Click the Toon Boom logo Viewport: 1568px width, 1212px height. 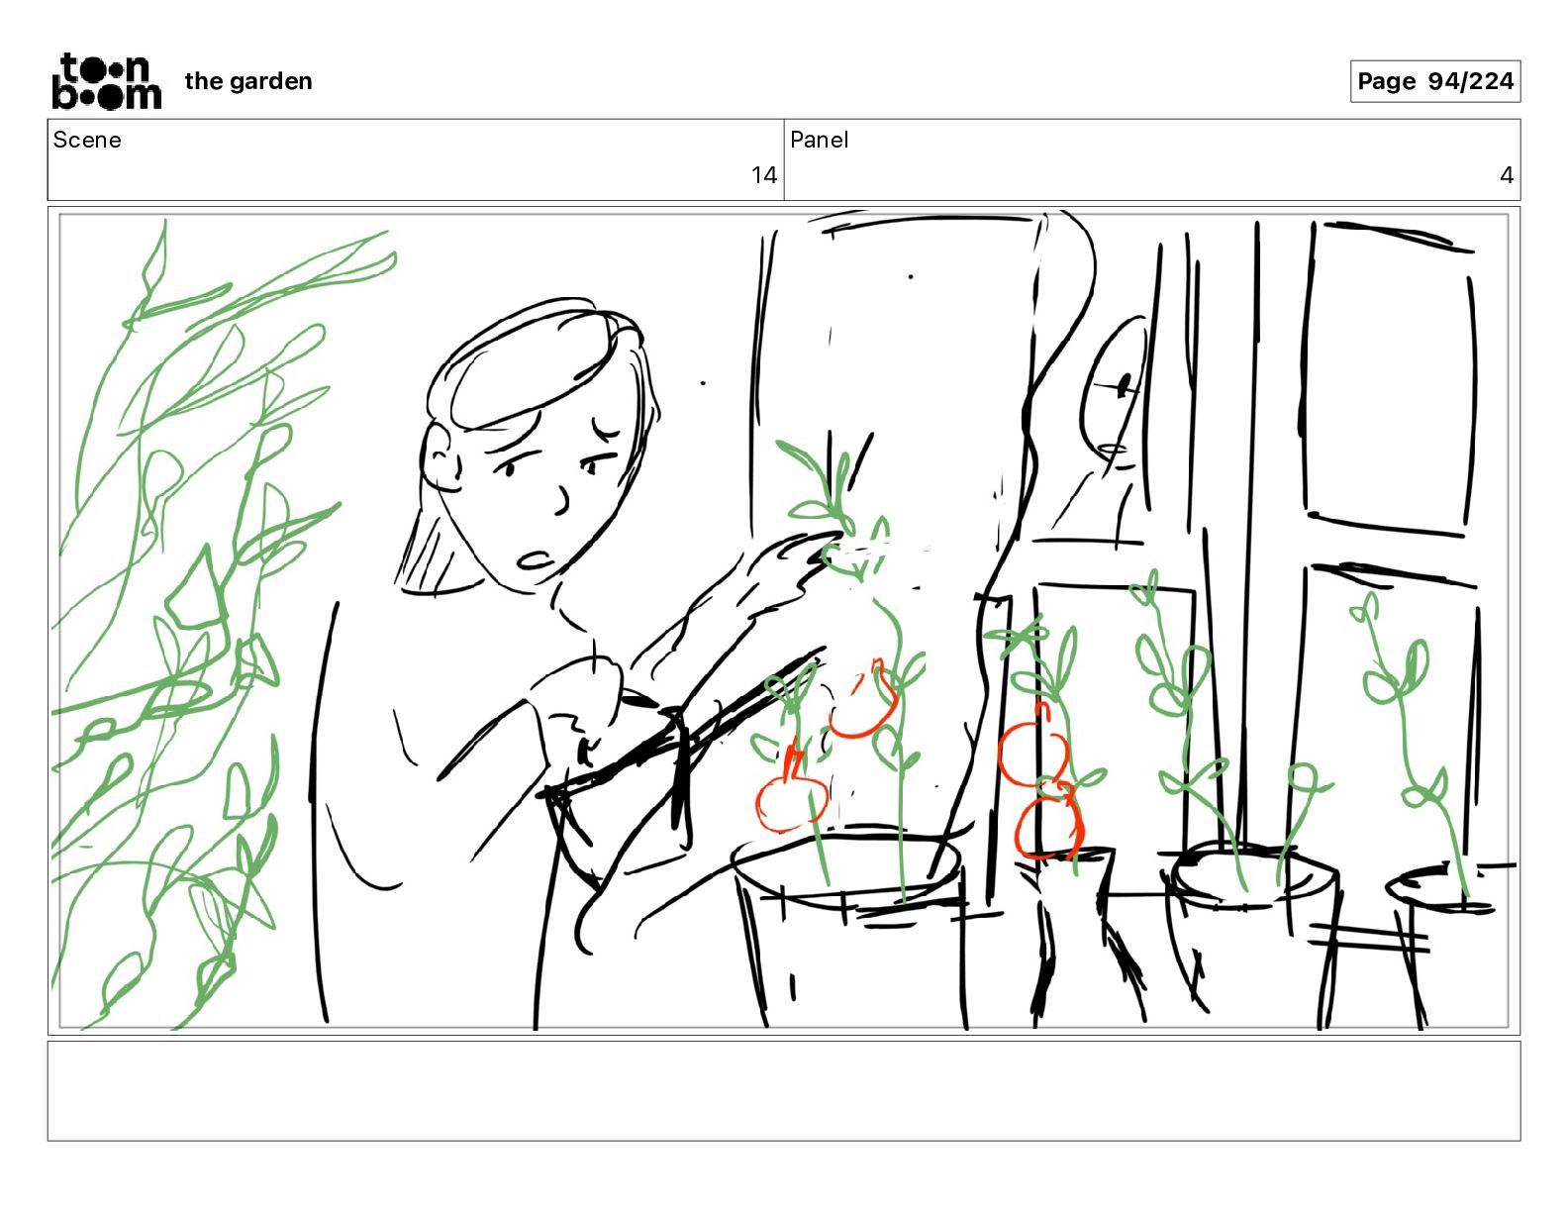pyautogui.click(x=107, y=81)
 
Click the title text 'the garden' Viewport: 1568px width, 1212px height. pyautogui.click(x=248, y=81)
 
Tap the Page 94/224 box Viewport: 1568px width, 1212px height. pyautogui.click(x=1434, y=81)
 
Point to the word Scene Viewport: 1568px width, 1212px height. pyautogui.click(x=86, y=140)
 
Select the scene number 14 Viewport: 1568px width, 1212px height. pyautogui.click(x=763, y=175)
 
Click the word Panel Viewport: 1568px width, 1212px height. pyautogui.click(x=819, y=140)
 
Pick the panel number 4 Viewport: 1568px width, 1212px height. pyautogui.click(x=1506, y=175)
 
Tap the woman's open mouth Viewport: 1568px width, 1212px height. pyautogui.click(x=535, y=560)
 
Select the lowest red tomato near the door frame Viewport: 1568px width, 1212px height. pyautogui.click(x=1047, y=827)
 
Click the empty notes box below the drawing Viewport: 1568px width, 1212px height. pyautogui.click(x=784, y=1090)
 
